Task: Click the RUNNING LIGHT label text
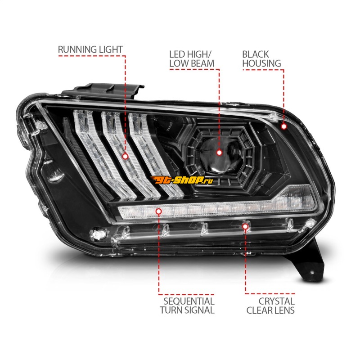pyautogui.click(x=90, y=49)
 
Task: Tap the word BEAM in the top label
pyautogui.click(x=202, y=63)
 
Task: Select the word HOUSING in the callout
pyautogui.click(x=261, y=63)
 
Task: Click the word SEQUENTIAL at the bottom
pyautogui.click(x=189, y=301)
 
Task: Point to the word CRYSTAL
pyautogui.click(x=277, y=301)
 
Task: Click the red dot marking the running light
pyautogui.click(x=125, y=156)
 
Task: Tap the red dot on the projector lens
pyautogui.click(x=219, y=153)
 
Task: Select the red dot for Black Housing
pyautogui.click(x=284, y=126)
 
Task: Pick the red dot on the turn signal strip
pyautogui.click(x=158, y=211)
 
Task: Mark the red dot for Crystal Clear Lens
pyautogui.click(x=245, y=227)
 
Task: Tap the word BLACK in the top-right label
pyautogui.click(x=255, y=54)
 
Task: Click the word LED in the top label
pyautogui.click(x=177, y=54)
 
